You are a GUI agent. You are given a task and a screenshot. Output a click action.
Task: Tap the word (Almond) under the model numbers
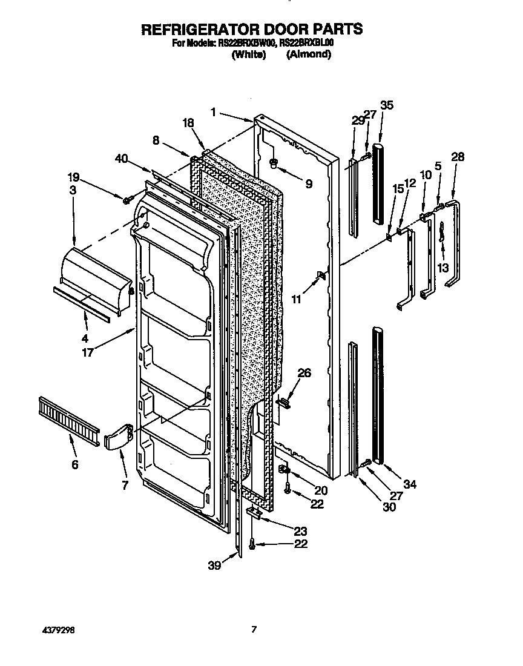pos(309,54)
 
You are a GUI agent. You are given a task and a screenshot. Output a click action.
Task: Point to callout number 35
pos(387,105)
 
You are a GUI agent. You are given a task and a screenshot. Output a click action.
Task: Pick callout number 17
pos(88,352)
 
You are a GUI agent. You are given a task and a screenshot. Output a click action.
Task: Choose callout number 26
pos(304,373)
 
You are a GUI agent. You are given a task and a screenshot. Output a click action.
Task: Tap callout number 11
pos(295,298)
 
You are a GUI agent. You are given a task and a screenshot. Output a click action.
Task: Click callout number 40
pos(122,158)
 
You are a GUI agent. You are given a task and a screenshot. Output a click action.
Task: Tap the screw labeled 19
pos(128,200)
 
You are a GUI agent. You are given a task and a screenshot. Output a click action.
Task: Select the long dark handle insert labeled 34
pos(379,394)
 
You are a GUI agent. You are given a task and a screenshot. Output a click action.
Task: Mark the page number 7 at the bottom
pos(254,630)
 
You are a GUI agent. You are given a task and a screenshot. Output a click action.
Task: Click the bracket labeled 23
pos(254,513)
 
